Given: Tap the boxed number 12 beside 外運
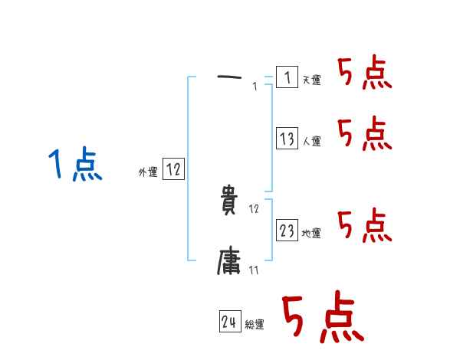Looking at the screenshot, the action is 173,170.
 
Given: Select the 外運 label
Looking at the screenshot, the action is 148,172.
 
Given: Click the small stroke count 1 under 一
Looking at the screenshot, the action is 254,87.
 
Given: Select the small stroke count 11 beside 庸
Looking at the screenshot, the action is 254,270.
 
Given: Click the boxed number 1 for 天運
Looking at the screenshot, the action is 286,77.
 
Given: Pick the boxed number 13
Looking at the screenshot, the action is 287,139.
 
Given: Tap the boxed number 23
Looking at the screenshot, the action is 287,231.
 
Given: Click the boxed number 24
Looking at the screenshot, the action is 229,322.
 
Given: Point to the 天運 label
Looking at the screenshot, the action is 312,80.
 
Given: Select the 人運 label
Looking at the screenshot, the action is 312,142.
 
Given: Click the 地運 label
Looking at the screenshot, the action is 312,234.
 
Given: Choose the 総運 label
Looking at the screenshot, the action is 255,326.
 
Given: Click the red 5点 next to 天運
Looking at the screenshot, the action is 364,74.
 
